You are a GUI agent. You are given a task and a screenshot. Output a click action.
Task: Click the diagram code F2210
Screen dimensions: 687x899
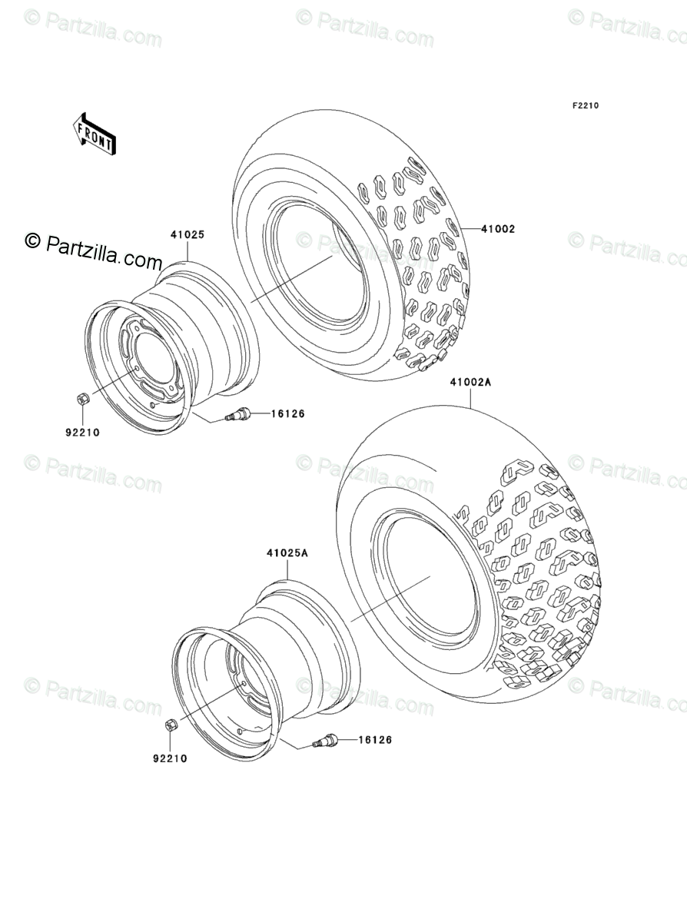585,105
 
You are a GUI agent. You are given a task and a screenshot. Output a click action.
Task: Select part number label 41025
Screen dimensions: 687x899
187,234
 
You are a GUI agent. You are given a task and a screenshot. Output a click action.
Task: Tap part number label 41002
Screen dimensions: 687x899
498,229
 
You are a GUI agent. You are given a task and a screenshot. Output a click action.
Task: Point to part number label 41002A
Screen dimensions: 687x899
470,382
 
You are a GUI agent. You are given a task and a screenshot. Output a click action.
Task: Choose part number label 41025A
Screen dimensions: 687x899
287,553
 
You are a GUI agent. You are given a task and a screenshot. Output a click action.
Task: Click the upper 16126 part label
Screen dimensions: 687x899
287,413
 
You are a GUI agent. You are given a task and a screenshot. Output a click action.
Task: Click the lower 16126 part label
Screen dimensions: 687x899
375,740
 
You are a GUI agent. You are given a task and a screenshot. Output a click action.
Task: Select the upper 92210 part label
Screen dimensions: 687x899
82,433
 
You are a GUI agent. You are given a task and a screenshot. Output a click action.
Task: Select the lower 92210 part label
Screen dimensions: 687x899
170,758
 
